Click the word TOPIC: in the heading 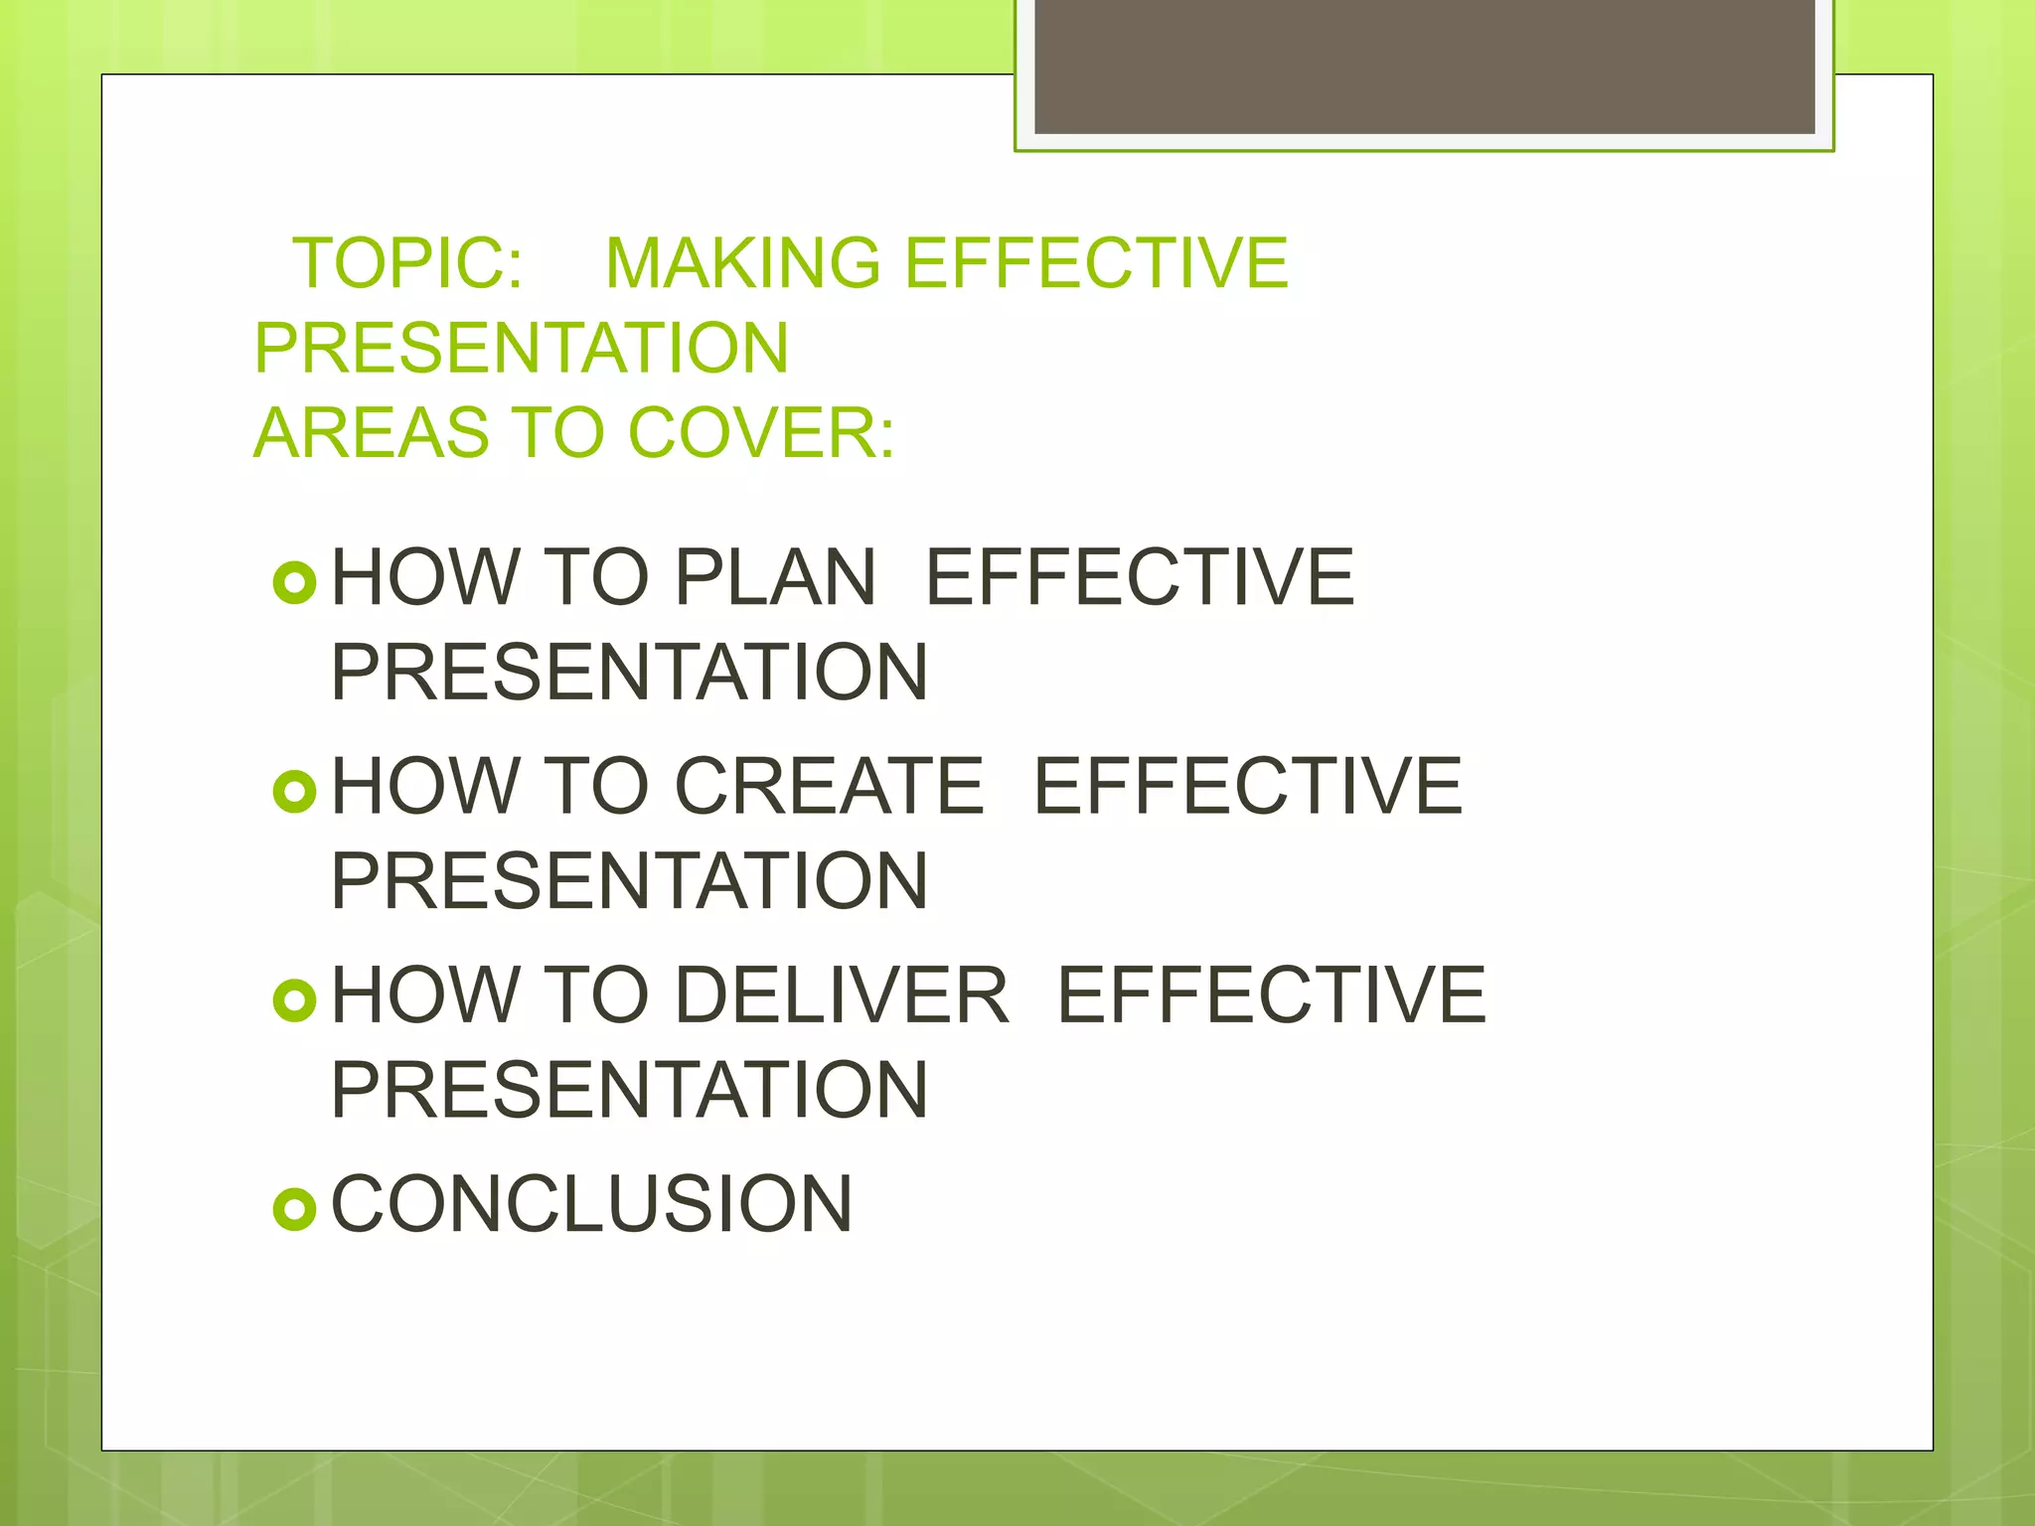[407, 263]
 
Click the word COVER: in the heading [761, 433]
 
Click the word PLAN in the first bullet [775, 577]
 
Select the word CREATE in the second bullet [830, 786]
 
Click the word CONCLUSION [591, 1204]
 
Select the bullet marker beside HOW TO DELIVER [294, 1000]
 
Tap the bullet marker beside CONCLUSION [294, 1209]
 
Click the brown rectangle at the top [1424, 66]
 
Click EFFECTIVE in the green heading [1095, 263]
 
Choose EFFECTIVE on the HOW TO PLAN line [1140, 577]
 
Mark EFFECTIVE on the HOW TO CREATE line [1248, 786]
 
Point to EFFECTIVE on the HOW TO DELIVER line [1271, 994]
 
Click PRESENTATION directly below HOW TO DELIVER [629, 1090]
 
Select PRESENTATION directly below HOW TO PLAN [629, 673]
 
